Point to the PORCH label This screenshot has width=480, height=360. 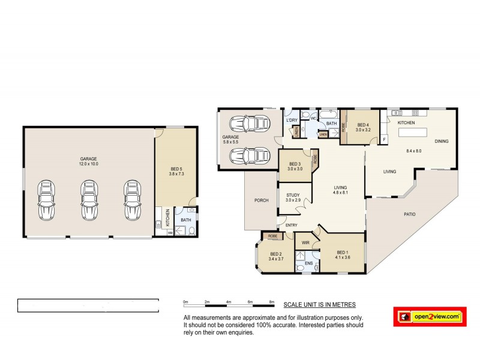pyautogui.click(x=260, y=200)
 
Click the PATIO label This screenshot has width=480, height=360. pyautogui.click(x=409, y=214)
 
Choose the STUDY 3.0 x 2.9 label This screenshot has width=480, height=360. pyautogui.click(x=293, y=197)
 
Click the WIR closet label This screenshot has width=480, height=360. pyautogui.click(x=305, y=243)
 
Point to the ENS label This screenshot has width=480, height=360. pyautogui.click(x=308, y=263)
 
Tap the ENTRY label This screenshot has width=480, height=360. pyautogui.click(x=291, y=225)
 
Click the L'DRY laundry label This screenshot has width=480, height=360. pyautogui.click(x=292, y=120)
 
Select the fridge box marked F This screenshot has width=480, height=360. pyautogui.click(x=384, y=139)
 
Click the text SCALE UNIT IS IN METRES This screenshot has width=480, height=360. pyautogui.click(x=319, y=304)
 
